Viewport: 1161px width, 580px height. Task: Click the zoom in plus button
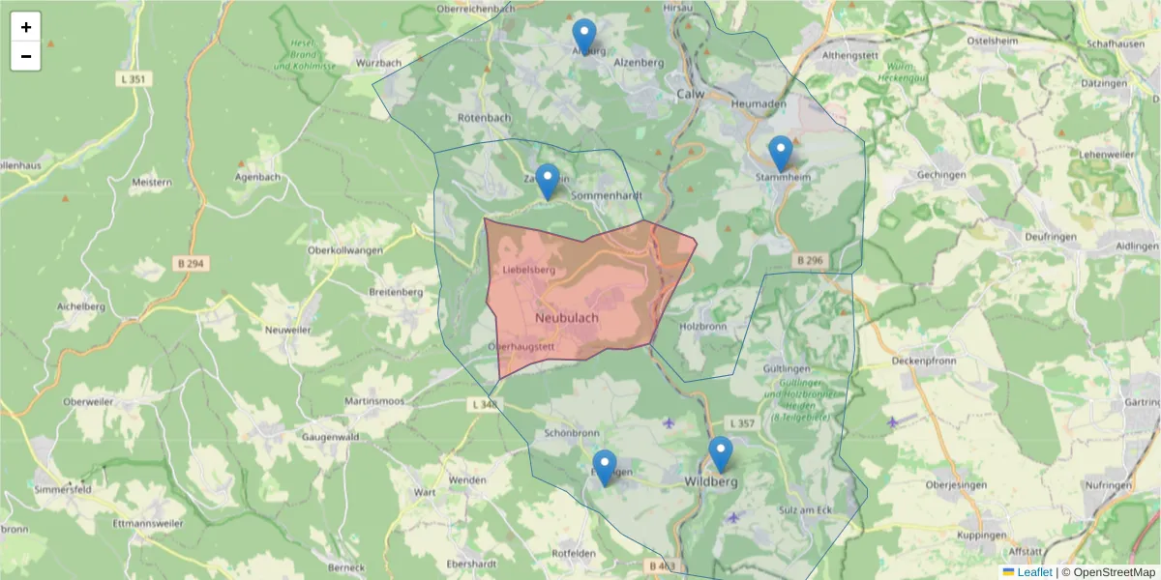[x=26, y=27]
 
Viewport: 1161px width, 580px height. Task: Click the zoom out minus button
[x=26, y=56]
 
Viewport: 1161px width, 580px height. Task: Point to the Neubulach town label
[x=566, y=317]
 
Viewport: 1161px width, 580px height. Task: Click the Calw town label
[x=690, y=94]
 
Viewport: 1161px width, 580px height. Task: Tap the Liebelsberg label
[x=529, y=270]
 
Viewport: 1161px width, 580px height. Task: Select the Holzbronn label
[x=703, y=326]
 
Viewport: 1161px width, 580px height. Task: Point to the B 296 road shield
[x=810, y=260]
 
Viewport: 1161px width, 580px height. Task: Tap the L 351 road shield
[x=134, y=79]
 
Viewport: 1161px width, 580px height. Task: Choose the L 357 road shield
[x=741, y=423]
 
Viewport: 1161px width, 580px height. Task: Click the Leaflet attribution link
[x=1034, y=572]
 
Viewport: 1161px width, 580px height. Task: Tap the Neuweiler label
[x=289, y=330]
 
